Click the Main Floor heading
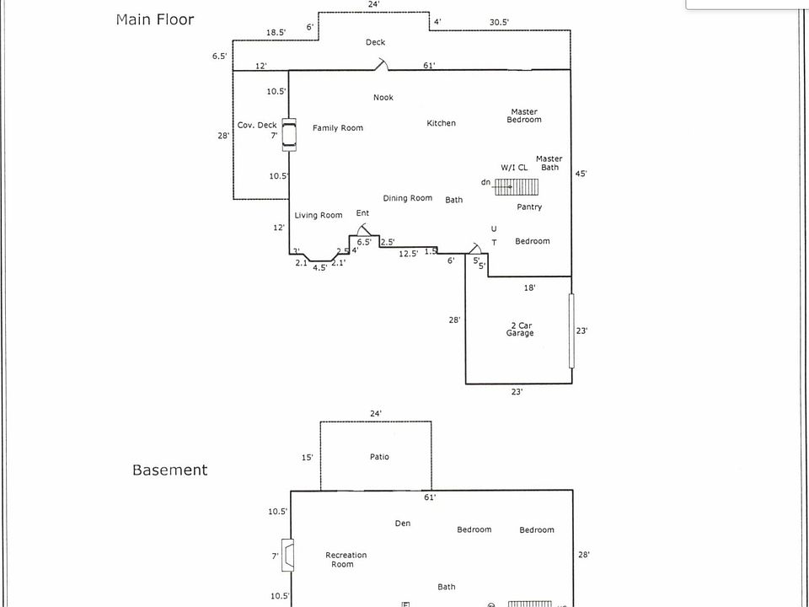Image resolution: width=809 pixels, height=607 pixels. [155, 19]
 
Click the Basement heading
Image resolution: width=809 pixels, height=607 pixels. [169, 470]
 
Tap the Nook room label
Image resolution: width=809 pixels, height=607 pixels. [383, 98]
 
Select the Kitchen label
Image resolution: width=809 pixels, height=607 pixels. [441, 123]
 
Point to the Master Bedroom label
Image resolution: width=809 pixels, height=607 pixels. [524, 115]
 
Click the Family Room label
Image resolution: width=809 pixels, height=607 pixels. [338, 128]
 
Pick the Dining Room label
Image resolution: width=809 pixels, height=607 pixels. [408, 198]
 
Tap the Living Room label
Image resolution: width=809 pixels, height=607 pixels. [319, 215]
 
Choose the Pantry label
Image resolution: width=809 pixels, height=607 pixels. [529, 207]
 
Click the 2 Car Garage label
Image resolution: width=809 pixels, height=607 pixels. [520, 329]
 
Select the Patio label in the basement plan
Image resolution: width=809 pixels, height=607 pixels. [379, 457]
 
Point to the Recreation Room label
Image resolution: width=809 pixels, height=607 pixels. [346, 560]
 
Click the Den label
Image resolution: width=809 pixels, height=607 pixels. [403, 524]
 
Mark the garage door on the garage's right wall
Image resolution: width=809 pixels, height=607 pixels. [571, 330]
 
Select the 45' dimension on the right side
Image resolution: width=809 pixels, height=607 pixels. [581, 174]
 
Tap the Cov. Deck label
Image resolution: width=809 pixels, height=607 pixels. [257, 125]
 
